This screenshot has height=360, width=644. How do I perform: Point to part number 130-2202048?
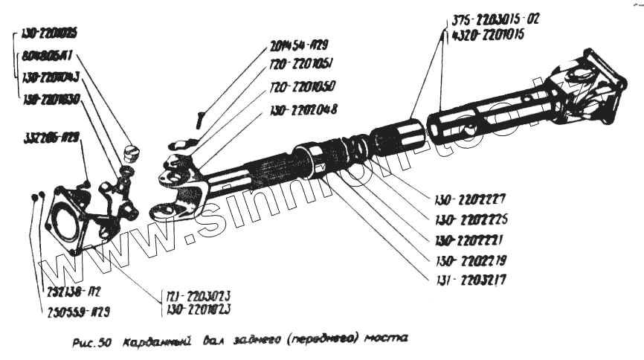coord(301,109)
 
